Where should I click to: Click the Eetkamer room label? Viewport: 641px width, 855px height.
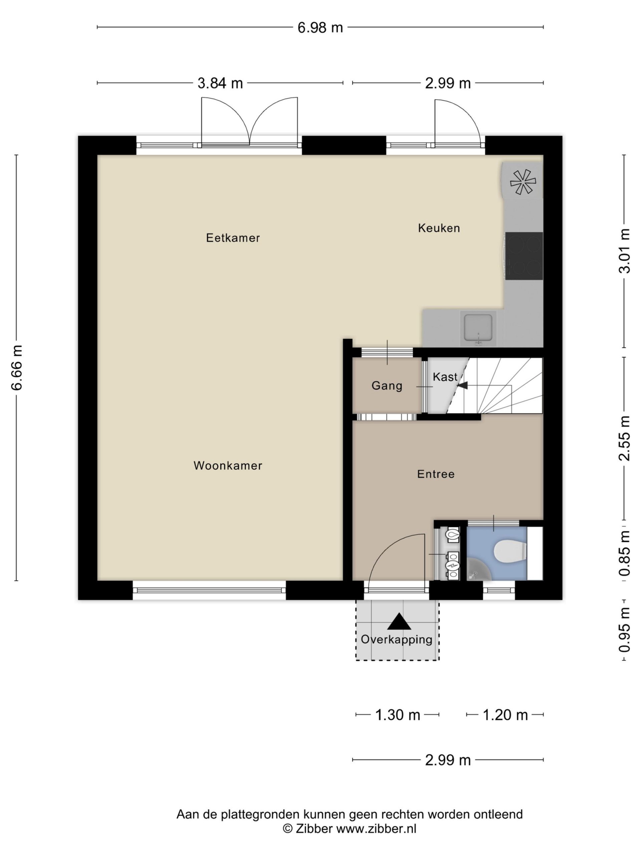(233, 238)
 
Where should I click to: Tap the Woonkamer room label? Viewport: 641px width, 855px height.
(228, 465)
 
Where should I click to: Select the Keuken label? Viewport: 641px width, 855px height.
(439, 228)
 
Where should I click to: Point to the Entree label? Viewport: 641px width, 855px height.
(436, 474)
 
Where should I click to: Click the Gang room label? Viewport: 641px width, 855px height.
(387, 386)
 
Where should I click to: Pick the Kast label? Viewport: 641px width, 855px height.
(445, 377)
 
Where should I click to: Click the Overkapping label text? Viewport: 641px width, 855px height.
(396, 639)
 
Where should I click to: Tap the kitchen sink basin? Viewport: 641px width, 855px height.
(478, 327)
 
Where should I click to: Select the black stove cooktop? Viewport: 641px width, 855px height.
(524, 256)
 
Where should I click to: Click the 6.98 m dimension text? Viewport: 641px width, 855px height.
(320, 28)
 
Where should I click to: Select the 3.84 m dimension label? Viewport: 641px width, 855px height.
(220, 83)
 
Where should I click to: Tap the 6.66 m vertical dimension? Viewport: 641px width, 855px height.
(17, 367)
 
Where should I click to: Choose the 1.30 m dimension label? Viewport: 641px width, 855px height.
(398, 715)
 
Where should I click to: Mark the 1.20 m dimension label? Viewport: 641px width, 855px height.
(505, 715)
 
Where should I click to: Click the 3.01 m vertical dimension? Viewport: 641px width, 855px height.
(624, 251)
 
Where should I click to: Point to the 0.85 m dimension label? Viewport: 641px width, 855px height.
(624, 553)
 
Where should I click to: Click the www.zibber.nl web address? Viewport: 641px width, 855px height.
(376, 828)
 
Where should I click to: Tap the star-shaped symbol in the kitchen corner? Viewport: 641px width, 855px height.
(523, 182)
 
